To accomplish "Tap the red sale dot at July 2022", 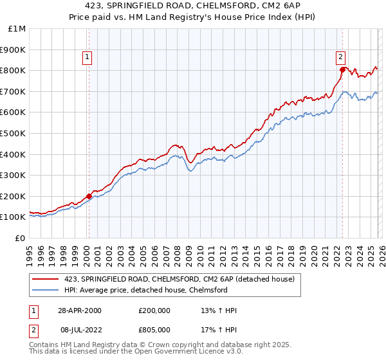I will [342, 69].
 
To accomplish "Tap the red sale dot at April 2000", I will [89, 196].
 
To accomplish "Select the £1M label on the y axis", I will [17, 28].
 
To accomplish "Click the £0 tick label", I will [20, 238].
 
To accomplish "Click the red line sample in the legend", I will [46, 279].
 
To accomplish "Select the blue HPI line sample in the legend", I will [46, 290].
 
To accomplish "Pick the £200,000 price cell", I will [154, 310].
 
